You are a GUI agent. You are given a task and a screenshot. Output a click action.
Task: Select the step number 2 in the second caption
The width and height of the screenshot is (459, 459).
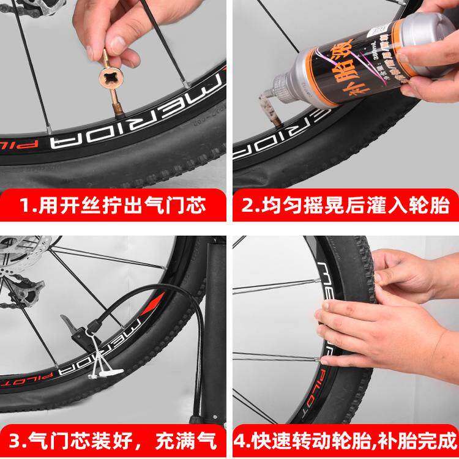pyautogui.click(x=249, y=204)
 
